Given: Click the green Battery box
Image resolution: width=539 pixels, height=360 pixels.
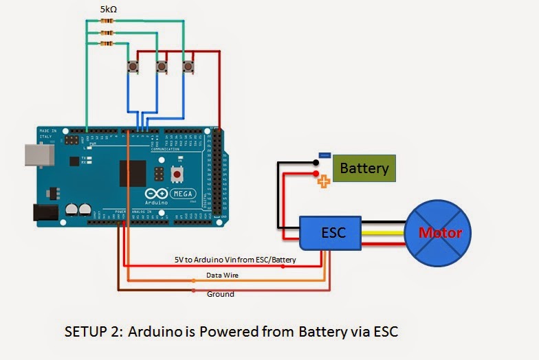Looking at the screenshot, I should click(x=364, y=168).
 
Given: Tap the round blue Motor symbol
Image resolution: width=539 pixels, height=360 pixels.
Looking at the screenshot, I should click(x=441, y=233).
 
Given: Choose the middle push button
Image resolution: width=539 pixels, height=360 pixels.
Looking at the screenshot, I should click(x=162, y=67).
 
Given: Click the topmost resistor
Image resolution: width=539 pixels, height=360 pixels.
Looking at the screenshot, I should click(x=107, y=21).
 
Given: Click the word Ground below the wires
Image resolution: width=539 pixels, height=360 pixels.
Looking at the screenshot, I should click(x=220, y=294).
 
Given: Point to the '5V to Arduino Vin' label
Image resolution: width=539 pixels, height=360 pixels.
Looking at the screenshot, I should click(x=235, y=260).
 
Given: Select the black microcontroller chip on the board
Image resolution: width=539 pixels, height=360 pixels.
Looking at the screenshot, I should click(x=133, y=173).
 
